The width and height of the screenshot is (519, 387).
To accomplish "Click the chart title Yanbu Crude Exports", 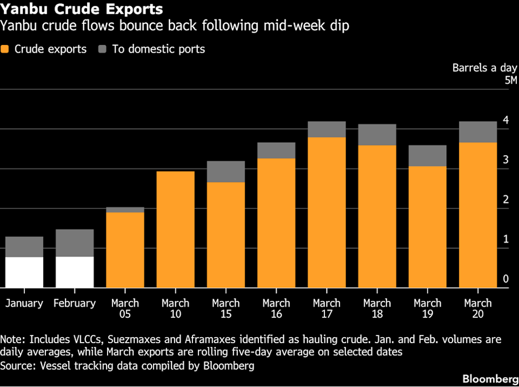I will (82, 9).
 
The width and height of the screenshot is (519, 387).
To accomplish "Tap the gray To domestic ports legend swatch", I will (102, 49).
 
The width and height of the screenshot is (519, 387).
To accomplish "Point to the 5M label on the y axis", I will (510, 81).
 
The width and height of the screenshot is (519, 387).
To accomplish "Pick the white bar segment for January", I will (24, 272).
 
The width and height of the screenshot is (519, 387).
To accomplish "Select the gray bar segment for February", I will (75, 243).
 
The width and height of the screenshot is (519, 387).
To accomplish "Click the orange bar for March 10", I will (176, 230).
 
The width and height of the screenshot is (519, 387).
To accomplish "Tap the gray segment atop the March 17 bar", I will (327, 129).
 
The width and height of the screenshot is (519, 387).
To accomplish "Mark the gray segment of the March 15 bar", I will (226, 172).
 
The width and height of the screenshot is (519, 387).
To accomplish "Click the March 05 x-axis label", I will (125, 309).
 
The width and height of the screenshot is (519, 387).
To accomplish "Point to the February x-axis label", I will (75, 303).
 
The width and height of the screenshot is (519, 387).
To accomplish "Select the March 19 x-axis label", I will (428, 309).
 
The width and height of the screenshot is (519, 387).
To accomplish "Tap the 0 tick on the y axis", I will (506, 279).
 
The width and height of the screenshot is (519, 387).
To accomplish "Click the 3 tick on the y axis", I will (506, 160).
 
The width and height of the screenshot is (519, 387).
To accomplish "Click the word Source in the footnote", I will (16, 365).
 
